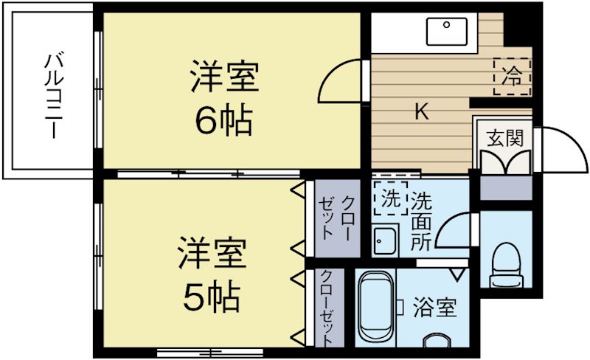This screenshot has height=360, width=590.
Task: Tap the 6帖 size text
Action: tap(223, 120)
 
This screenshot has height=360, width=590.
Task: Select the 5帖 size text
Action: tap(211, 296)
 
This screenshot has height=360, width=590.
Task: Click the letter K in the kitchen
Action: tap(421, 112)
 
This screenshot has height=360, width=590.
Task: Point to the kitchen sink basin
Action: tap(447, 31)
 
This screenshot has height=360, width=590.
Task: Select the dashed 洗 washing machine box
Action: tap(390, 198)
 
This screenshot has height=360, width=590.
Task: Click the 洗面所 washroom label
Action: tap(422, 221)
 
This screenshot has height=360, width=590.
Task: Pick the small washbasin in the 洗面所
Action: tap(384, 240)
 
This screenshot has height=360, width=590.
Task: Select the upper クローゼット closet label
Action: tap(339, 218)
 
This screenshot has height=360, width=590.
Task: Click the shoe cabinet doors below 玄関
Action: tap(505, 162)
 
